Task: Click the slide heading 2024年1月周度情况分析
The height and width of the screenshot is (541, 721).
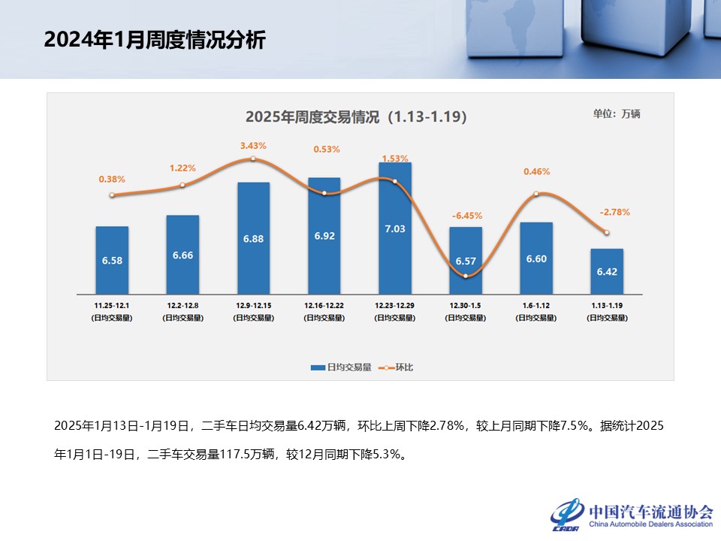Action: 154,40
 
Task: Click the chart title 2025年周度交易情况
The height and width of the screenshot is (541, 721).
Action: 356,117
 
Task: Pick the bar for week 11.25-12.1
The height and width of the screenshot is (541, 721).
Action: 112,260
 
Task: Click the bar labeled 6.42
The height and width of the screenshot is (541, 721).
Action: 606,271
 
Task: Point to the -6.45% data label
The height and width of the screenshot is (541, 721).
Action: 466,216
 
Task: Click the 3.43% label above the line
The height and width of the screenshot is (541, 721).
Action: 253,145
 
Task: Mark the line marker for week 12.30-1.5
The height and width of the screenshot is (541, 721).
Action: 466,276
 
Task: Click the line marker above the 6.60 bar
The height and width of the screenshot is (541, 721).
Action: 536,194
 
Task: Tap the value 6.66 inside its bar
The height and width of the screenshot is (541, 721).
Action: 183,255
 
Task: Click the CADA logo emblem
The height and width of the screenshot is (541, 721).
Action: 566,515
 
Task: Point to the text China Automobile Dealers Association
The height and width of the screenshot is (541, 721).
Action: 650,524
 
